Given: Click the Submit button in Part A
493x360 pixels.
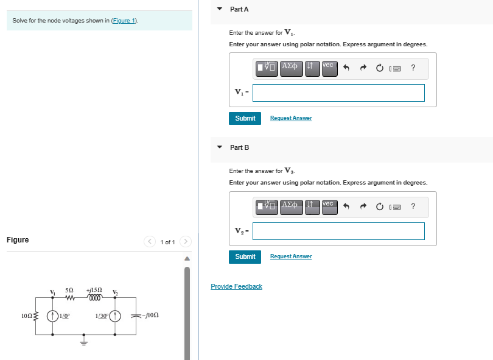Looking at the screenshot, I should point(245,118).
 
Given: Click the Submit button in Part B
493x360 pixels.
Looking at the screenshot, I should point(245,256).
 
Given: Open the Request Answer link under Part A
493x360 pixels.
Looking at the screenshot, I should point(291,118).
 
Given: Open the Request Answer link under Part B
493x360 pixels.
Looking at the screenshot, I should point(291,256).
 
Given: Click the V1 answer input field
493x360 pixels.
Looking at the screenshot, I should point(338,93).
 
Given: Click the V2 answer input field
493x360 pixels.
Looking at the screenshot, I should point(338,231).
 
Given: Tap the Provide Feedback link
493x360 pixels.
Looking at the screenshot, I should point(236,286).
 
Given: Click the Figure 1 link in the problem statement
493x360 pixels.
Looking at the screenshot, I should point(125,21).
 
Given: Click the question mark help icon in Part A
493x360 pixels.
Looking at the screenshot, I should point(413,68).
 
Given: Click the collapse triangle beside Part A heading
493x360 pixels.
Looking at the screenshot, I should point(220,9).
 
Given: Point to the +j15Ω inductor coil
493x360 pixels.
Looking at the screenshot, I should point(96,298).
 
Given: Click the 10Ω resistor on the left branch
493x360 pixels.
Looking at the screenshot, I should point(35,316).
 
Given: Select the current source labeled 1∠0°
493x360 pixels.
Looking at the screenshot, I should point(53,316).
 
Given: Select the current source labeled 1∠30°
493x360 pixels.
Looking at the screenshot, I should point(116,316).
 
